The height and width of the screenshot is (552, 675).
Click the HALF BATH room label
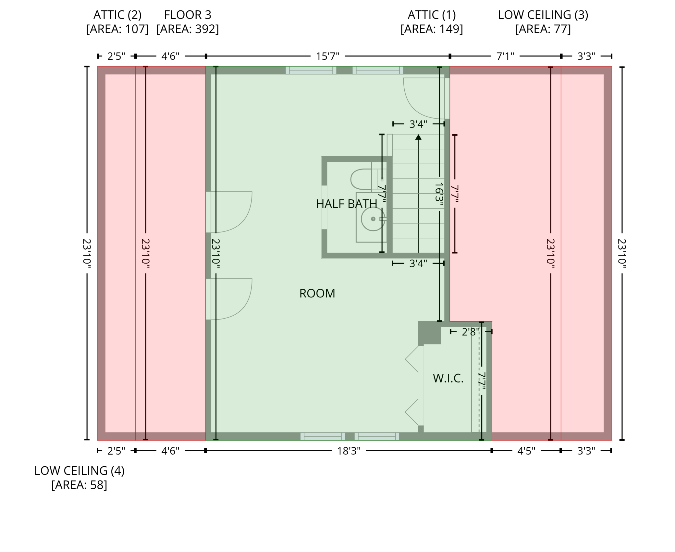346,204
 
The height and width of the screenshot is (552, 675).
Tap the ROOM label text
317,293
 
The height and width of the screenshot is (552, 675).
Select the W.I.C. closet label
448,378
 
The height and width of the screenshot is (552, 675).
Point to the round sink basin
373,219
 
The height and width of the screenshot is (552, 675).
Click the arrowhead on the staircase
418,137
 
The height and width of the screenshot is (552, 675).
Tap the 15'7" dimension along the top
327,56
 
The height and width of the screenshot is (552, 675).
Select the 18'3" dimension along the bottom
349,451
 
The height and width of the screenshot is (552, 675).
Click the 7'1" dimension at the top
505,56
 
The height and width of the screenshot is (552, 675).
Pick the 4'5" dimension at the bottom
526,451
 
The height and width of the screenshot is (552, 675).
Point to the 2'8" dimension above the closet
471,332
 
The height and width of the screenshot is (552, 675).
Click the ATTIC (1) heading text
432,15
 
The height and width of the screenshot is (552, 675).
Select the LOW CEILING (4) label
80,470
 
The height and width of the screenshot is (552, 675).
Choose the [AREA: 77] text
543,29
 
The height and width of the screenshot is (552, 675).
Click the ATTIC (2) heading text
117,15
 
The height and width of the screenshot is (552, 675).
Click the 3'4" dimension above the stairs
418,124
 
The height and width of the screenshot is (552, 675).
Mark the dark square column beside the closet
429,333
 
